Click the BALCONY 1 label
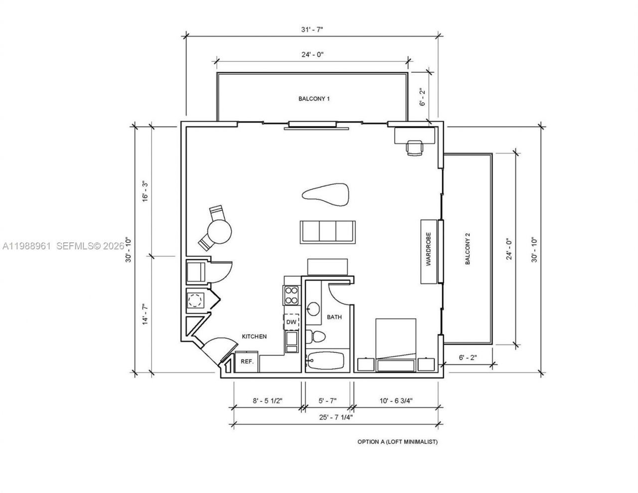(x=314, y=99)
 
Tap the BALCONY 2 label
(x=468, y=249)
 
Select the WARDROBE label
(x=428, y=251)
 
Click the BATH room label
(x=334, y=317)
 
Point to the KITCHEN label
(x=254, y=336)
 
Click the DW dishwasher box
(x=292, y=323)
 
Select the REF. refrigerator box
(x=247, y=362)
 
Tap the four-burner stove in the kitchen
(x=291, y=295)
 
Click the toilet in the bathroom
(x=316, y=336)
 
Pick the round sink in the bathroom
(x=314, y=309)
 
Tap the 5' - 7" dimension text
(x=327, y=400)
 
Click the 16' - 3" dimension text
(x=146, y=190)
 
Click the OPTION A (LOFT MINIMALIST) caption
(x=397, y=442)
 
